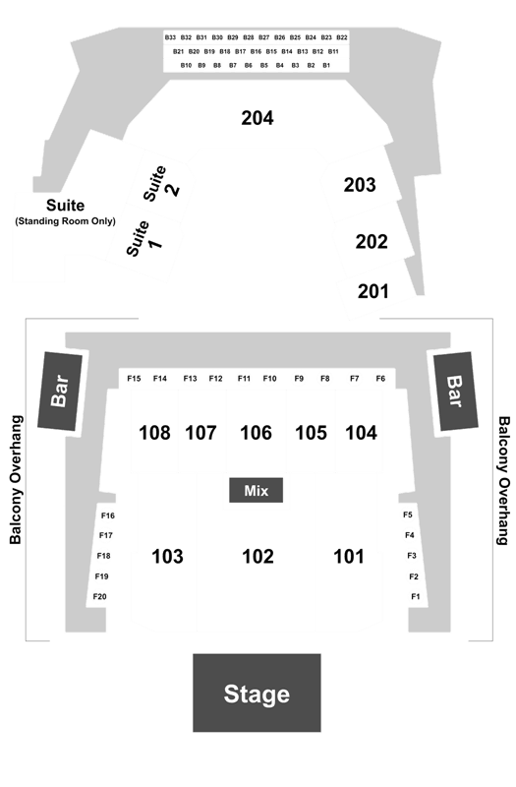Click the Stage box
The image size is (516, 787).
(x=257, y=693)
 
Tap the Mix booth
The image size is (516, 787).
(x=257, y=490)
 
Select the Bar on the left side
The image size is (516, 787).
(x=60, y=391)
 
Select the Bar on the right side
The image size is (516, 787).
(x=455, y=391)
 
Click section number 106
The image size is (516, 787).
(x=256, y=433)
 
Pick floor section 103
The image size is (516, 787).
(x=167, y=556)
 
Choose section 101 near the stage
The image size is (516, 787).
(x=349, y=556)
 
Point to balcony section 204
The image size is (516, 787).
(x=258, y=118)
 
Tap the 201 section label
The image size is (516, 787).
(x=373, y=291)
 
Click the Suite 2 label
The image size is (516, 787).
(x=161, y=184)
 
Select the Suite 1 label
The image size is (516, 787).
(x=143, y=238)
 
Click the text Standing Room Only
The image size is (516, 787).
(x=66, y=221)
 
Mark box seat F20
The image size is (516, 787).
(x=100, y=596)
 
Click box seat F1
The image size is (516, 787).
(x=415, y=596)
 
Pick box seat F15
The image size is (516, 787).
(x=134, y=379)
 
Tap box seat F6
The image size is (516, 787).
(x=380, y=379)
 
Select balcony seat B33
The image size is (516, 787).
(x=170, y=37)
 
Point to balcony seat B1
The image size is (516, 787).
(x=326, y=65)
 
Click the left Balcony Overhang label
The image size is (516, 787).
(x=16, y=480)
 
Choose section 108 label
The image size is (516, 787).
(x=154, y=433)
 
